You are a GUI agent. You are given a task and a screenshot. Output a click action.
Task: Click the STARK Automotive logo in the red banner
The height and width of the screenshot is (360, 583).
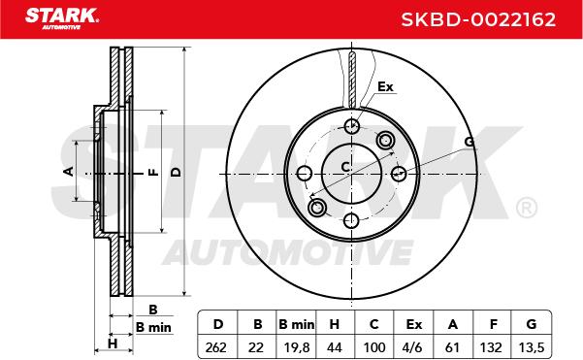click(x=62, y=18)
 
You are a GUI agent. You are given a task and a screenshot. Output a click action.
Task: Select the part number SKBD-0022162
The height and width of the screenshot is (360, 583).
click(x=478, y=19)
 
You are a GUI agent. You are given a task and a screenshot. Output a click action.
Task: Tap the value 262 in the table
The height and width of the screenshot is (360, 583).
click(x=215, y=347)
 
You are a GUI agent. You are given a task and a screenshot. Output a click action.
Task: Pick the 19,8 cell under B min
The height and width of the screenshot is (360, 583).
click(x=297, y=347)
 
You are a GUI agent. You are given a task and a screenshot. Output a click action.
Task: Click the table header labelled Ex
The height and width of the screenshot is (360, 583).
click(x=414, y=324)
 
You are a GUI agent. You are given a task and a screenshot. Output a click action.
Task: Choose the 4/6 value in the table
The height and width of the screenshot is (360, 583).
click(x=412, y=347)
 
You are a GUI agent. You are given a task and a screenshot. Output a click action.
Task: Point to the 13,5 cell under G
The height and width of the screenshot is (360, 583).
click(x=532, y=347)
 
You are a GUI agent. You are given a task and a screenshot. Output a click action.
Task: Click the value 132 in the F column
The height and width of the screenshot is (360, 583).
click(x=491, y=347)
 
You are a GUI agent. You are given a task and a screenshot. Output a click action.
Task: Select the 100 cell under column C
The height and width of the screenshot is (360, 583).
click(x=374, y=347)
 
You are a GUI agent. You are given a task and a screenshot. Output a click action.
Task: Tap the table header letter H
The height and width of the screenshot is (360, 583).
click(x=335, y=324)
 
